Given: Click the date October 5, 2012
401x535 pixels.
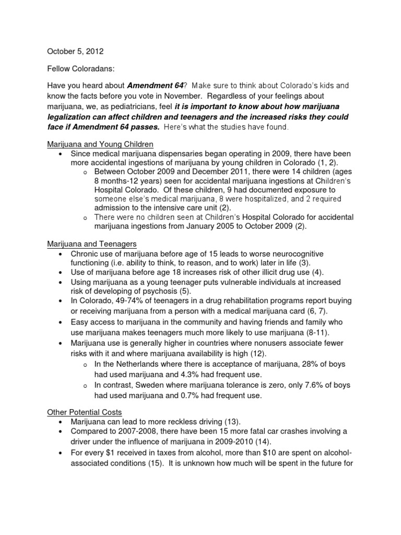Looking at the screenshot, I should (x=75, y=52).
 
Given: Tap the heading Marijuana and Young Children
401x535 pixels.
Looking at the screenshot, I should (x=100, y=144).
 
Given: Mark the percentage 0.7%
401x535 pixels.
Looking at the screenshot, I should (x=179, y=396).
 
